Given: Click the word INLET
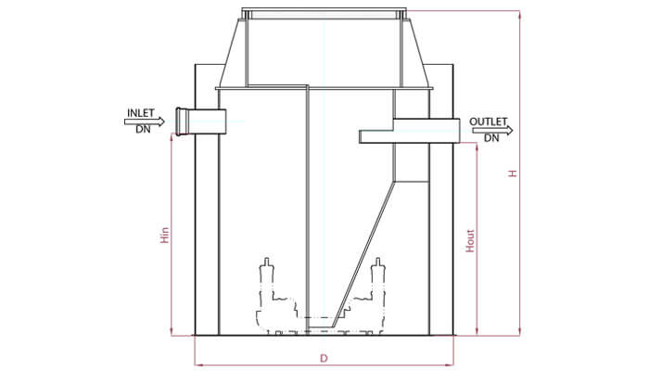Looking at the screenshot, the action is coord(141,112).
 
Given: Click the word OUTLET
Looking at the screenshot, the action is coord(489,122).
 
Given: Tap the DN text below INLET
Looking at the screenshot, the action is coord(143,129).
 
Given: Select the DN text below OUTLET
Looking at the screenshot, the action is coord(491,138).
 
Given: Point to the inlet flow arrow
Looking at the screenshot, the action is coord(145,122).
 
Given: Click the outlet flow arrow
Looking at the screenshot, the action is coord(492,131).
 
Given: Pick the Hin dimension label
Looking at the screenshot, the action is coord(165,235).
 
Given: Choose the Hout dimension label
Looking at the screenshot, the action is coord(470,240).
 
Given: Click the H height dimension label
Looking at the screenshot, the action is coord(513,173).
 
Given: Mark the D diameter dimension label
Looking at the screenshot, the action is coord(324,358).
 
